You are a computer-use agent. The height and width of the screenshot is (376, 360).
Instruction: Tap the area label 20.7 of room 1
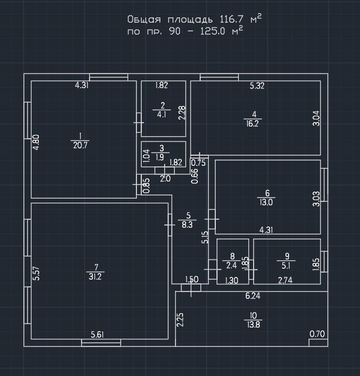click(80, 145)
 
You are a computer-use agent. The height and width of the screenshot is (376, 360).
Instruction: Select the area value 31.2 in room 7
click(95, 277)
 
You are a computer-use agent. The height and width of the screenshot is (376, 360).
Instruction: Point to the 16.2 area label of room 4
click(252, 124)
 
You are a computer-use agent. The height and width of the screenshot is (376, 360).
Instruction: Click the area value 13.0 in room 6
click(266, 202)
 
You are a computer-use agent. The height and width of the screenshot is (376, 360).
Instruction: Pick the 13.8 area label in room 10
click(253, 325)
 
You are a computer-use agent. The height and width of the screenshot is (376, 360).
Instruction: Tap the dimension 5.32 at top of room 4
click(257, 85)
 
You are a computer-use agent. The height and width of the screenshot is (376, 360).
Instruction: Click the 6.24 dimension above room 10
click(253, 296)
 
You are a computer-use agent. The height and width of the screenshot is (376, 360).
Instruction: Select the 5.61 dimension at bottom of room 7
click(97, 335)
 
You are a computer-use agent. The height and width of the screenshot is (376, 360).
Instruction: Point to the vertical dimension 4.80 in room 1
click(36, 142)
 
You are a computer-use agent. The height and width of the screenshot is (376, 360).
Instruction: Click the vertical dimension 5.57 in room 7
click(36, 274)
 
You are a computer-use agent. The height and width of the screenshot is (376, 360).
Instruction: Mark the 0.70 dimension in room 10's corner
click(317, 334)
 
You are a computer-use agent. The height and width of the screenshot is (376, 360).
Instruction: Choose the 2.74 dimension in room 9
click(285, 280)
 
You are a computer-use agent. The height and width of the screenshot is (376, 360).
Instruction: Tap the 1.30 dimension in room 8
click(231, 280)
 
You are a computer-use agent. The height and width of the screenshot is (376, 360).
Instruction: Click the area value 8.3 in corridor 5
click(187, 225)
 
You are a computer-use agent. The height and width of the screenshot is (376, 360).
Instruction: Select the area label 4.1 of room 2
click(162, 115)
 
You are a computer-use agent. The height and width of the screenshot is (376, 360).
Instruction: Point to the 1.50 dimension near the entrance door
click(192, 279)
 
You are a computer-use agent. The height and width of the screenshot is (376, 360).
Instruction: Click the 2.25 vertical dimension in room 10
click(180, 319)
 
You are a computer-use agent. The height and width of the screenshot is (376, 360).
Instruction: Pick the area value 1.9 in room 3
click(160, 157)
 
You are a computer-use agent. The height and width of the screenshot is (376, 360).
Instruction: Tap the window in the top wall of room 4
click(219, 77)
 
